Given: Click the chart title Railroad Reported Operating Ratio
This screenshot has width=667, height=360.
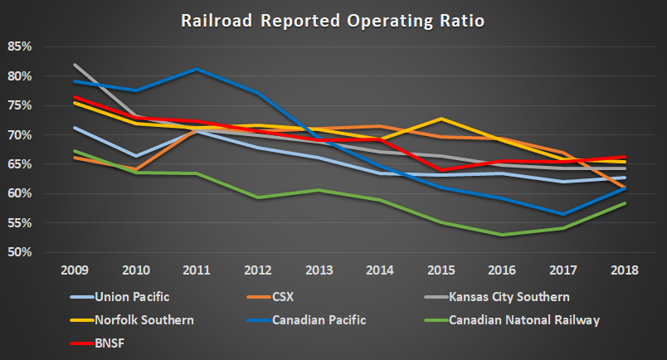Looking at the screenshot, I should [333, 19].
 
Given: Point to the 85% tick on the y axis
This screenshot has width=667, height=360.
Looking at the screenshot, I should [20, 47].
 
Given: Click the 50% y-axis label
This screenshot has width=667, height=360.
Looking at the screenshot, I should [20, 253].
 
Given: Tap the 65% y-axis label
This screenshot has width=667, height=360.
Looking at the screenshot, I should [20, 165].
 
